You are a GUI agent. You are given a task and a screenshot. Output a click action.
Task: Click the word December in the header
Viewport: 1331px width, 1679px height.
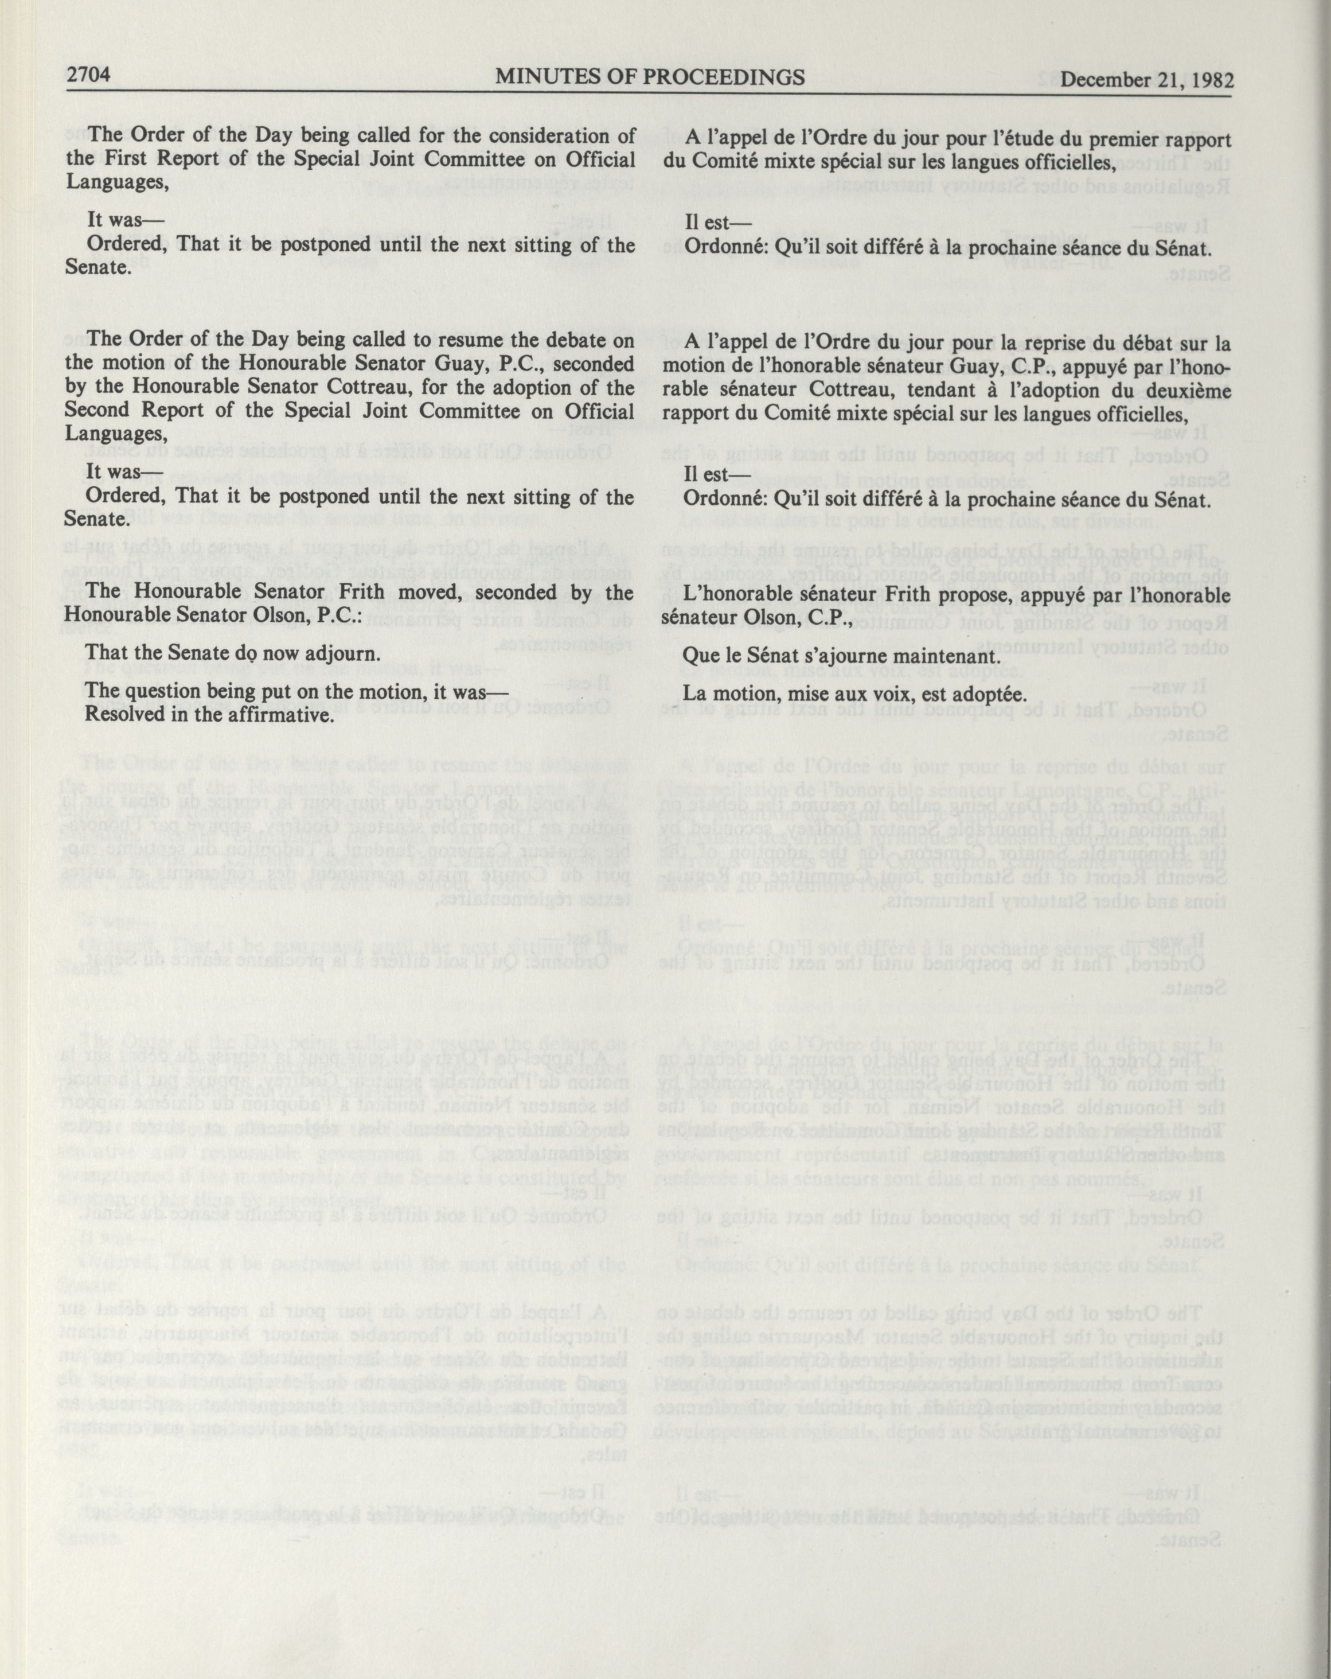1109,79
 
